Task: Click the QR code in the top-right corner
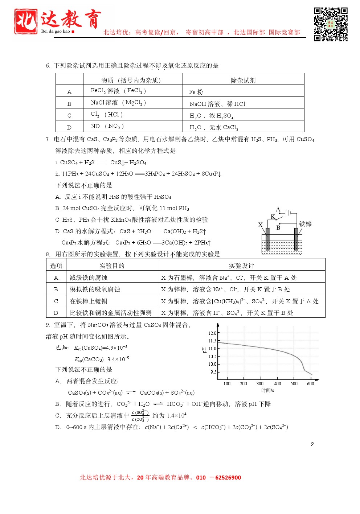tap(331, 24)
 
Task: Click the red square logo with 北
tap(26, 21)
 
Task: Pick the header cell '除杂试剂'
tap(243, 80)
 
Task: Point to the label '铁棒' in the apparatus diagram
tap(306, 224)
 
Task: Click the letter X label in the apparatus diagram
tap(260, 225)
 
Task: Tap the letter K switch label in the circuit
tap(273, 217)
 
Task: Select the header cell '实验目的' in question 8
tap(112, 266)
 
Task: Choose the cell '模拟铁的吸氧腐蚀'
tap(95, 289)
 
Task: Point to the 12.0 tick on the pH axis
tap(212, 333)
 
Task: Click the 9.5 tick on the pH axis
tap(213, 372)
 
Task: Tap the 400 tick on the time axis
tap(278, 384)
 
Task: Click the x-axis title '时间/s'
tap(268, 390)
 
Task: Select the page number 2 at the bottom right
tap(312, 444)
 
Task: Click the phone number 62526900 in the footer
tap(228, 478)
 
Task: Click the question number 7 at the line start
tap(48, 139)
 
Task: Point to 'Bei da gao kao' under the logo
tap(56, 32)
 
